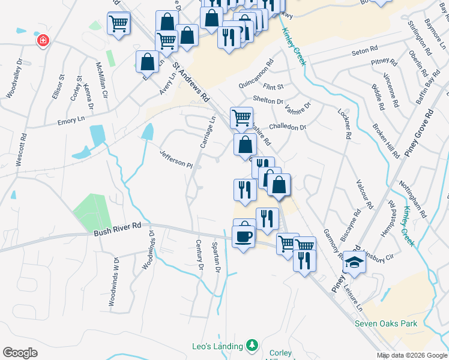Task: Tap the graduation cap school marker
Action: (x=354, y=262)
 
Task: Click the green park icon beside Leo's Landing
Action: (x=253, y=346)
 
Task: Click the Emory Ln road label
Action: (x=71, y=122)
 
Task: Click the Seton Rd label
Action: (x=364, y=52)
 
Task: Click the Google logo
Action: (x=20, y=353)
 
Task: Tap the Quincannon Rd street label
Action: (x=256, y=71)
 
